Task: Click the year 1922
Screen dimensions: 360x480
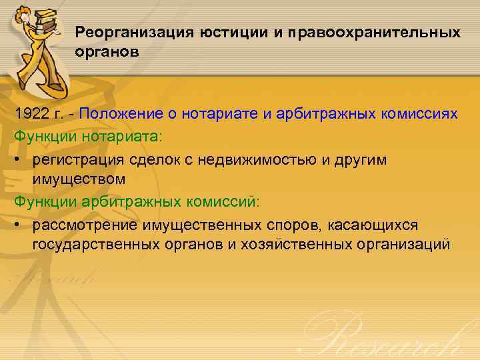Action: pyautogui.click(x=32, y=113)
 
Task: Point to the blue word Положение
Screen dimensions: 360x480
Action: pyautogui.click(x=119, y=113)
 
